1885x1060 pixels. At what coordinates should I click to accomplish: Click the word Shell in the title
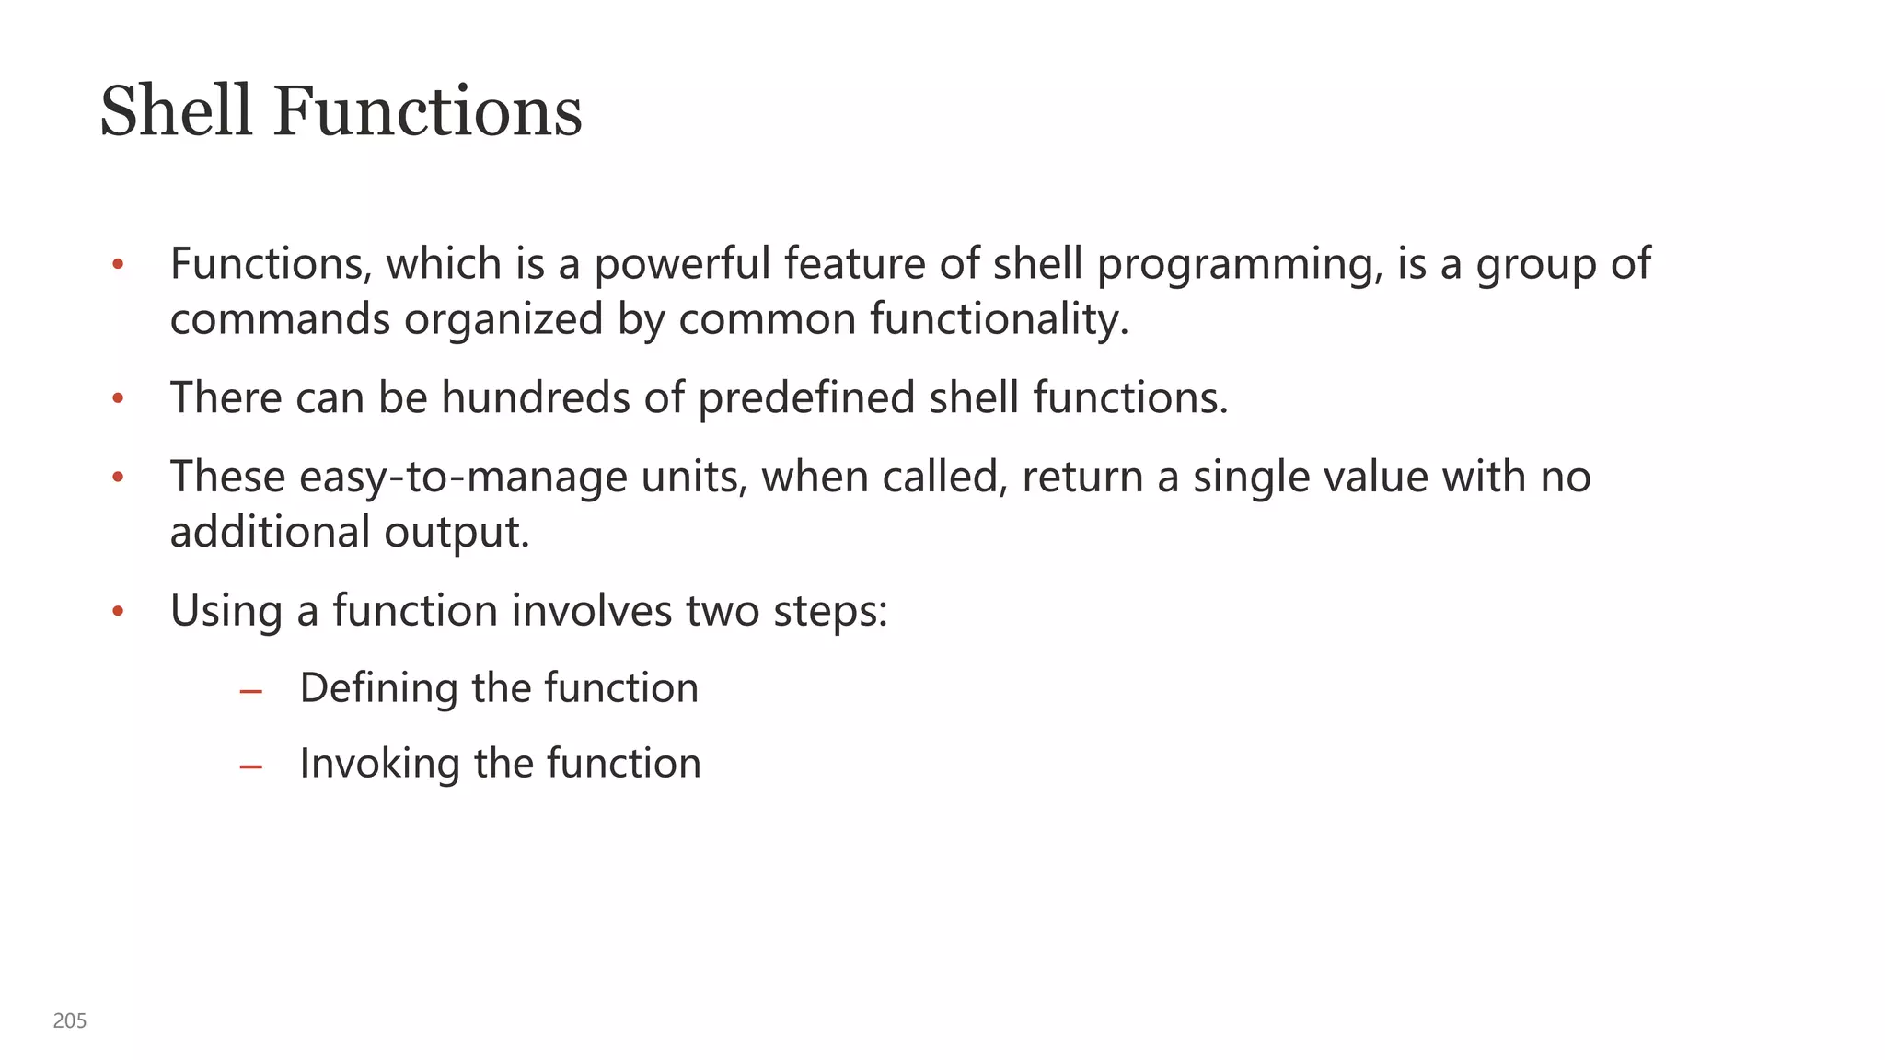(175, 111)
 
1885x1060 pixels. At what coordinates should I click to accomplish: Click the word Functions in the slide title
(427, 111)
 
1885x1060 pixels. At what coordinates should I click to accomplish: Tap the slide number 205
(70, 1020)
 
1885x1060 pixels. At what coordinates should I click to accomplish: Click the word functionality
(999, 319)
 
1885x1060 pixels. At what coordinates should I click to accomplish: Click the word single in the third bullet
(1251, 478)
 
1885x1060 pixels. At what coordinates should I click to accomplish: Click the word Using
(226, 611)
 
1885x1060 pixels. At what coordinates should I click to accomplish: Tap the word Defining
(378, 689)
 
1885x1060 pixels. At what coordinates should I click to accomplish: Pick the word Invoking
(379, 765)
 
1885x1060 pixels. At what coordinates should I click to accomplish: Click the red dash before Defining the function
(250, 691)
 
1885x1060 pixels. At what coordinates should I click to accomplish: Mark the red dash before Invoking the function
(250, 766)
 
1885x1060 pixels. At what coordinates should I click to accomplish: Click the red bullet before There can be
(118, 399)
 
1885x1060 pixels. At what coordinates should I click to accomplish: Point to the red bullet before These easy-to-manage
(118, 478)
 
